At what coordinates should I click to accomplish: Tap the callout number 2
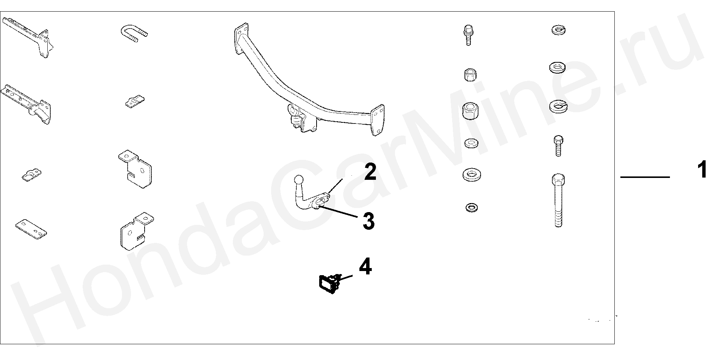370,172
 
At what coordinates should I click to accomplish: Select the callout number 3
368,221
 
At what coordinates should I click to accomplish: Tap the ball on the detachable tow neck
299,180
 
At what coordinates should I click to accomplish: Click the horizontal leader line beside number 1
644,177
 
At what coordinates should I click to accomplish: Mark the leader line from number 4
345,278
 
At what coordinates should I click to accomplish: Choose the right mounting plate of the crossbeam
377,120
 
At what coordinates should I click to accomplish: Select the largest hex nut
471,110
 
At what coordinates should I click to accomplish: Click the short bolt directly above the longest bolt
558,146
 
